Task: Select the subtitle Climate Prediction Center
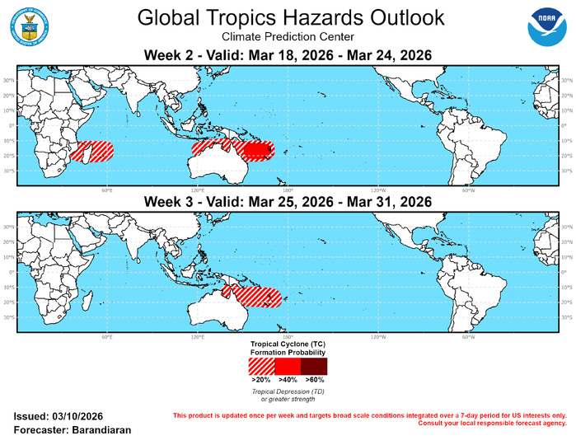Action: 288,37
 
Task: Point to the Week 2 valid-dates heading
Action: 288,54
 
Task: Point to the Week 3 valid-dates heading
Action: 288,201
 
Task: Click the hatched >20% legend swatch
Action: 261,365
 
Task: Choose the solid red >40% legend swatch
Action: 288,365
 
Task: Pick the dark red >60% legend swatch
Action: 314,365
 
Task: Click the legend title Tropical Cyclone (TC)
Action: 288,341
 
